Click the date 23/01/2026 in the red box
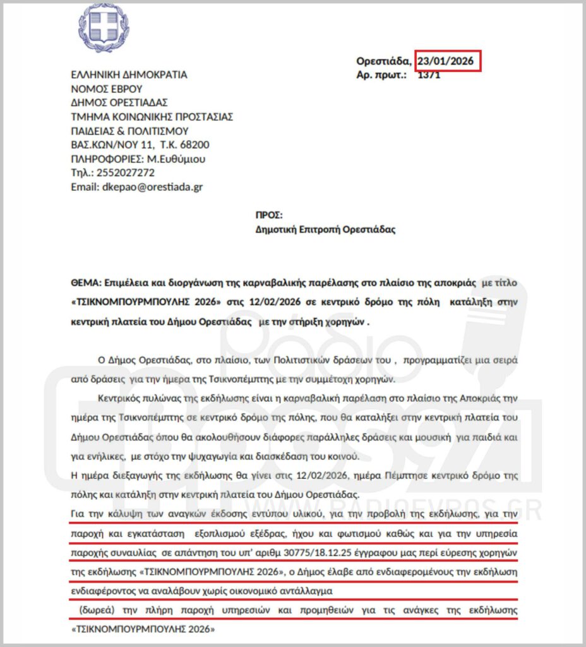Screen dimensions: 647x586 pyautogui.click(x=448, y=61)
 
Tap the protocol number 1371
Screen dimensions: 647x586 pyautogui.click(x=429, y=75)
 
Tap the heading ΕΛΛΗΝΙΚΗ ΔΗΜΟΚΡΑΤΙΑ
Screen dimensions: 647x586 pyautogui.click(x=129, y=75)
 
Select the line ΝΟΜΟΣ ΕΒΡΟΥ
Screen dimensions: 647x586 pyautogui.click(x=107, y=88)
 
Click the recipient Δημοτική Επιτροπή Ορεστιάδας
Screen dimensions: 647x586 pyautogui.click(x=325, y=229)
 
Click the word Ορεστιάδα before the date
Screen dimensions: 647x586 pyautogui.click(x=383, y=61)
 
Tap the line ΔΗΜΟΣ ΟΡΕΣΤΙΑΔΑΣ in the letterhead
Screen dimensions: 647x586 pyautogui.click(x=119, y=102)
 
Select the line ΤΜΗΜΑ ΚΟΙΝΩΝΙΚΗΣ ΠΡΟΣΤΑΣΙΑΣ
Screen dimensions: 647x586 pyautogui.click(x=152, y=116)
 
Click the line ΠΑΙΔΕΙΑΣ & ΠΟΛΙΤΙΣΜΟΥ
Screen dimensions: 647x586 pyautogui.click(x=129, y=131)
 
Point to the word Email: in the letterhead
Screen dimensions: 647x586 pyautogui.click(x=84, y=187)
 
